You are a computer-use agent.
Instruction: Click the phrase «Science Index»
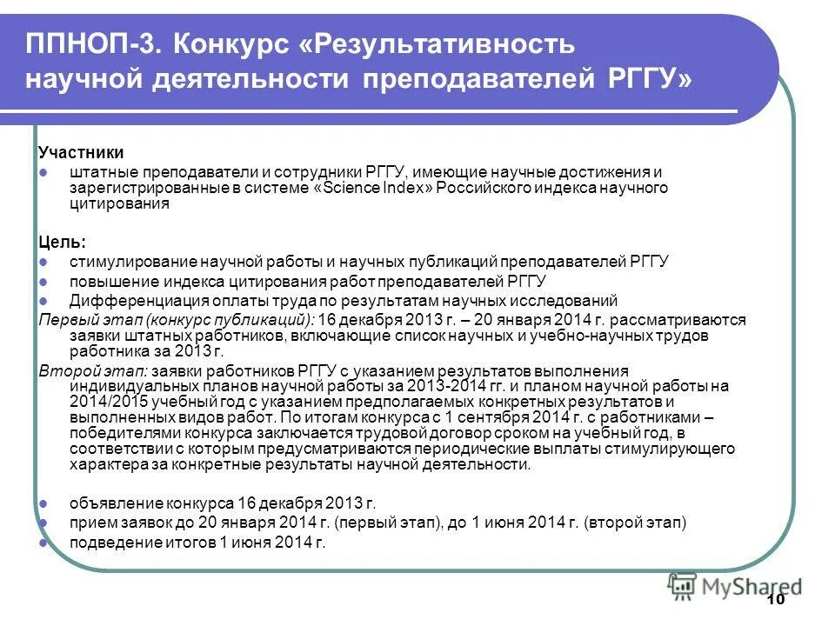(371, 188)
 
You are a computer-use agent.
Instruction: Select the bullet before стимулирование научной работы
(43, 262)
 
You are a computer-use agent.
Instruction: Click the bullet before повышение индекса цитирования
(43, 282)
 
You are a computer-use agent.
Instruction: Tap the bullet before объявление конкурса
(43, 503)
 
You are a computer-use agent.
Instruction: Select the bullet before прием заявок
(43, 523)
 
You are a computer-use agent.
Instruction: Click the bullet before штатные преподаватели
(43, 172)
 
